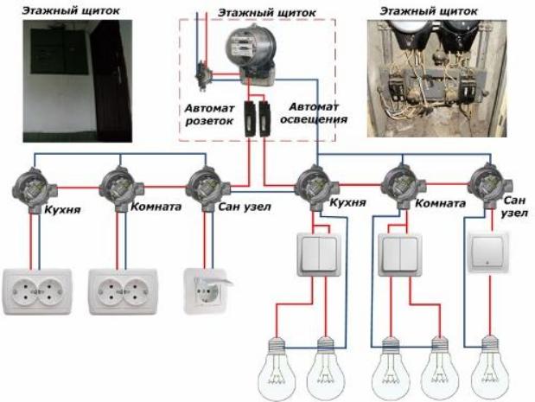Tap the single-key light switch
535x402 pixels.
488,252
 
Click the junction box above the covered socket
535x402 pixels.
206,184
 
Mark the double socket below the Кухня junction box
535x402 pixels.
35,291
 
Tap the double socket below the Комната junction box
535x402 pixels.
122,291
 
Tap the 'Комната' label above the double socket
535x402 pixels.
155,207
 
